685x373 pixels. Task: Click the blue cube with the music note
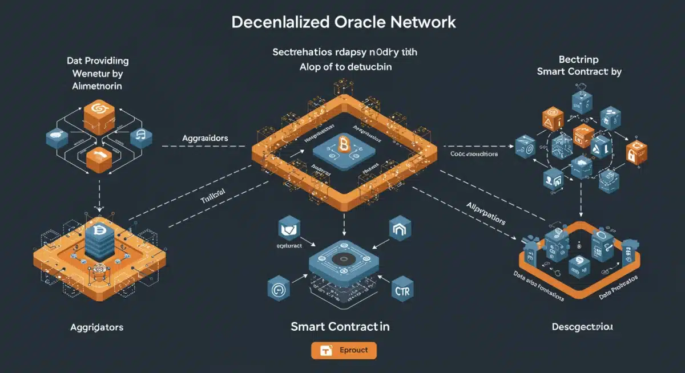[141, 136]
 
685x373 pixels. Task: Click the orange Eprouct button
[344, 350]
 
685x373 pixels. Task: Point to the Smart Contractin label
[340, 327]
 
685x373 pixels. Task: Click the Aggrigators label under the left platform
[96, 327]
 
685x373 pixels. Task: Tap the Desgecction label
[582, 327]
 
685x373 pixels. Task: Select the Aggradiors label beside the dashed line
[205, 139]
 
